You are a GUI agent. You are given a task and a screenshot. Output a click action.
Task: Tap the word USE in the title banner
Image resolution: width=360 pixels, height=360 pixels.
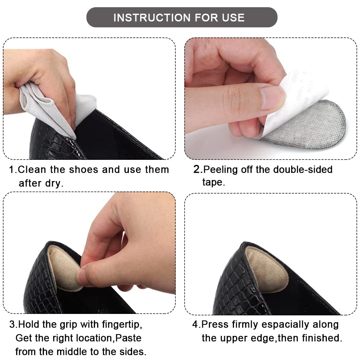[233, 18]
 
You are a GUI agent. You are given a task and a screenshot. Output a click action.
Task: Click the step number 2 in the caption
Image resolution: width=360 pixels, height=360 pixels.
[197, 170]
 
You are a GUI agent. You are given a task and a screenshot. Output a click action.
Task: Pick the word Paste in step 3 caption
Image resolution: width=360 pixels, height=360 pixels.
[128, 338]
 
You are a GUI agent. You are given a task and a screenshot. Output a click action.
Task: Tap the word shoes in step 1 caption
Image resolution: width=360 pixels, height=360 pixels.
[84, 170]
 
